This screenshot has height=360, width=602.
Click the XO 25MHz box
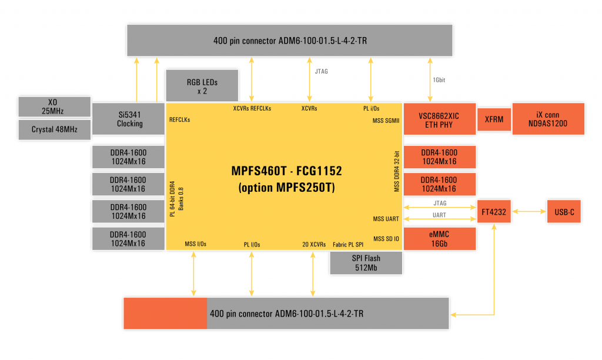(55, 106)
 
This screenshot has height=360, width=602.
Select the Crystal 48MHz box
(55, 129)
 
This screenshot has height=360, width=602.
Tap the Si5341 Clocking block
(128, 119)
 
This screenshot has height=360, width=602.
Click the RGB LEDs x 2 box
(202, 85)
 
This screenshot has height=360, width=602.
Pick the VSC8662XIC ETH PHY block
(440, 119)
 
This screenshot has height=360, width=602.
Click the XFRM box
(494, 119)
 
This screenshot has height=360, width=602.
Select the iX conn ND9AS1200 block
(549, 119)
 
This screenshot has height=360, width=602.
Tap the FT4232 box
(494, 211)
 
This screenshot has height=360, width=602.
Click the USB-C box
(564, 211)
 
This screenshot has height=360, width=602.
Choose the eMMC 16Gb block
(440, 239)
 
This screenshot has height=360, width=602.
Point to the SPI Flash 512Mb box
(366, 263)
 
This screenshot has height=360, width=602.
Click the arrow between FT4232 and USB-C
(529, 211)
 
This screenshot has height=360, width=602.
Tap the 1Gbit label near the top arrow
(439, 80)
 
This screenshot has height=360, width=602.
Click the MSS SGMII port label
(386, 121)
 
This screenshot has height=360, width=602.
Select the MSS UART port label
(386, 219)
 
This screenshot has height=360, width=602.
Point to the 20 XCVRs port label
(314, 244)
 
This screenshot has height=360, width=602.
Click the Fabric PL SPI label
(348, 244)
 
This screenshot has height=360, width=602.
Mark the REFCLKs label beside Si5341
(180, 120)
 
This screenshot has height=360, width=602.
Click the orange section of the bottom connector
(165, 313)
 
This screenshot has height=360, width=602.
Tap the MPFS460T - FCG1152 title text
(286, 171)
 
